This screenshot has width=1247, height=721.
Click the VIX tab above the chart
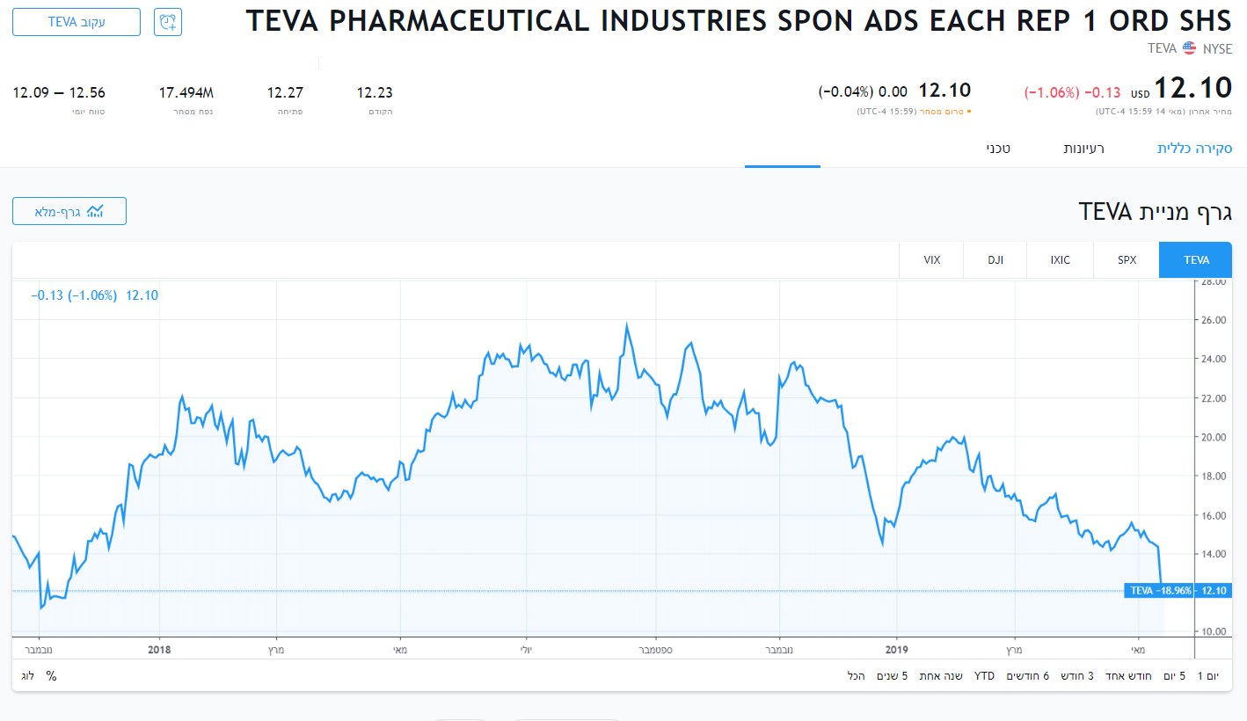[x=931, y=260]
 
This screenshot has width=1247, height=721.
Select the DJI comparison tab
[x=995, y=260]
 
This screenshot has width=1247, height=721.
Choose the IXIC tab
[x=1060, y=260]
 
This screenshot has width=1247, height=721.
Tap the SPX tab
[x=1127, y=260]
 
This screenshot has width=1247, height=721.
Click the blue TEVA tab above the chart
[x=1196, y=260]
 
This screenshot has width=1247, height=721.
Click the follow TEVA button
[x=77, y=22]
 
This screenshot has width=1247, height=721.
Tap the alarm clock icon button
[x=168, y=22]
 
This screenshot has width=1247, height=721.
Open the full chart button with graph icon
[x=69, y=211]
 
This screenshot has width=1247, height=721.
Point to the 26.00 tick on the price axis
[x=1214, y=320]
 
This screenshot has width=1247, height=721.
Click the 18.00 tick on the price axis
[x=1214, y=477]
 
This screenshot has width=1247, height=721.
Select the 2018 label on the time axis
[x=159, y=650]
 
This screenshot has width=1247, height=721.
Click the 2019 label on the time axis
[x=896, y=650]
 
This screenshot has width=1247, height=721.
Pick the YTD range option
[x=984, y=676]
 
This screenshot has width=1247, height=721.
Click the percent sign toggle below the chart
[x=51, y=676]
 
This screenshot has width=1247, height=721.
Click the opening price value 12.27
[x=285, y=93]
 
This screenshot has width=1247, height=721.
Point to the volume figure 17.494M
[x=186, y=93]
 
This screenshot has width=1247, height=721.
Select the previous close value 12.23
[x=375, y=93]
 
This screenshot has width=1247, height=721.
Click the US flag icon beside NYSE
[x=1189, y=48]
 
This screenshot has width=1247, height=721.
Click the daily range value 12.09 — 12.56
[x=59, y=93]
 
